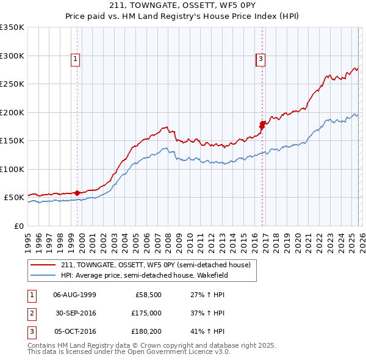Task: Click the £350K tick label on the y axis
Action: coord(12,27)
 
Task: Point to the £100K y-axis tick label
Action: coord(12,169)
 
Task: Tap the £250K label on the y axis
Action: coord(12,84)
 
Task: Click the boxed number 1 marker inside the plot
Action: coord(75,59)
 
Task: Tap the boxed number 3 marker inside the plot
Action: coord(260,59)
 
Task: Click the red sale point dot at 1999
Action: coord(77,193)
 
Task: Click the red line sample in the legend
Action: coord(44,265)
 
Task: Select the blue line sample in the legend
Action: coord(44,275)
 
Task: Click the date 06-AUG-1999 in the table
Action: coord(74,295)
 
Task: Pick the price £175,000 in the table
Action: coord(146,313)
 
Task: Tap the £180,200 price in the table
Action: coord(146,331)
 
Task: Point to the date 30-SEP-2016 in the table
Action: coord(76,313)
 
